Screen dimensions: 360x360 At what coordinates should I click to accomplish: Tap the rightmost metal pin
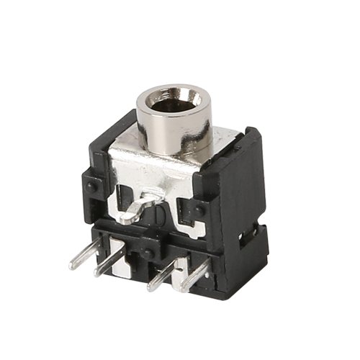(193, 277)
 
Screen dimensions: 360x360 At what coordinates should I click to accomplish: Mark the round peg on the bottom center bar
(148, 251)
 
